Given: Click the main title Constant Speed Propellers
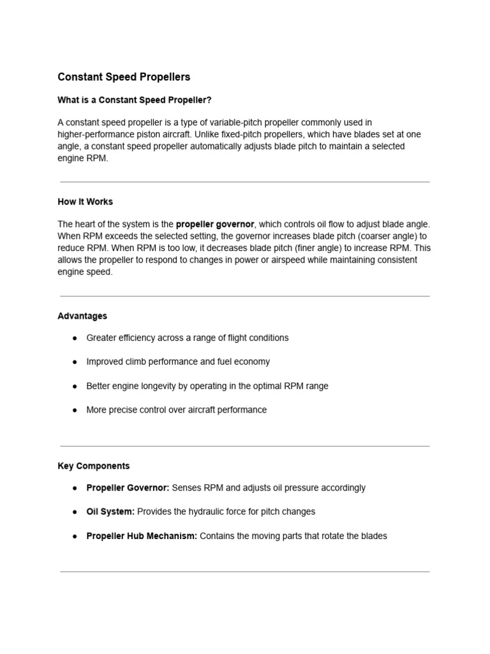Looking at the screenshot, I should [124, 77].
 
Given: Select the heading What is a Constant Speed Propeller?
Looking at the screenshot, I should [134, 100].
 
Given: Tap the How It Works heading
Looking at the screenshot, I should [85, 202].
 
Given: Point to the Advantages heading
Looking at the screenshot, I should [82, 316].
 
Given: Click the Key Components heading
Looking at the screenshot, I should [93, 466].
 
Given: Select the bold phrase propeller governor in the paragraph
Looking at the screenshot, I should [215, 224].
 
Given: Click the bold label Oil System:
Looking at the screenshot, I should [110, 512].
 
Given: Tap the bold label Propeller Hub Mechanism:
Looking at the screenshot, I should [142, 536].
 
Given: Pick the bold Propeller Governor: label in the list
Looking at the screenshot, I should [128, 488].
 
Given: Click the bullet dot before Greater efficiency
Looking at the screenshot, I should [75, 338].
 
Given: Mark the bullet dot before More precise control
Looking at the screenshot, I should [75, 410].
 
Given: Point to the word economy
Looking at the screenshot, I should [253, 362].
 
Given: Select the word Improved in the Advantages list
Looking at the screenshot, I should [105, 362].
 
